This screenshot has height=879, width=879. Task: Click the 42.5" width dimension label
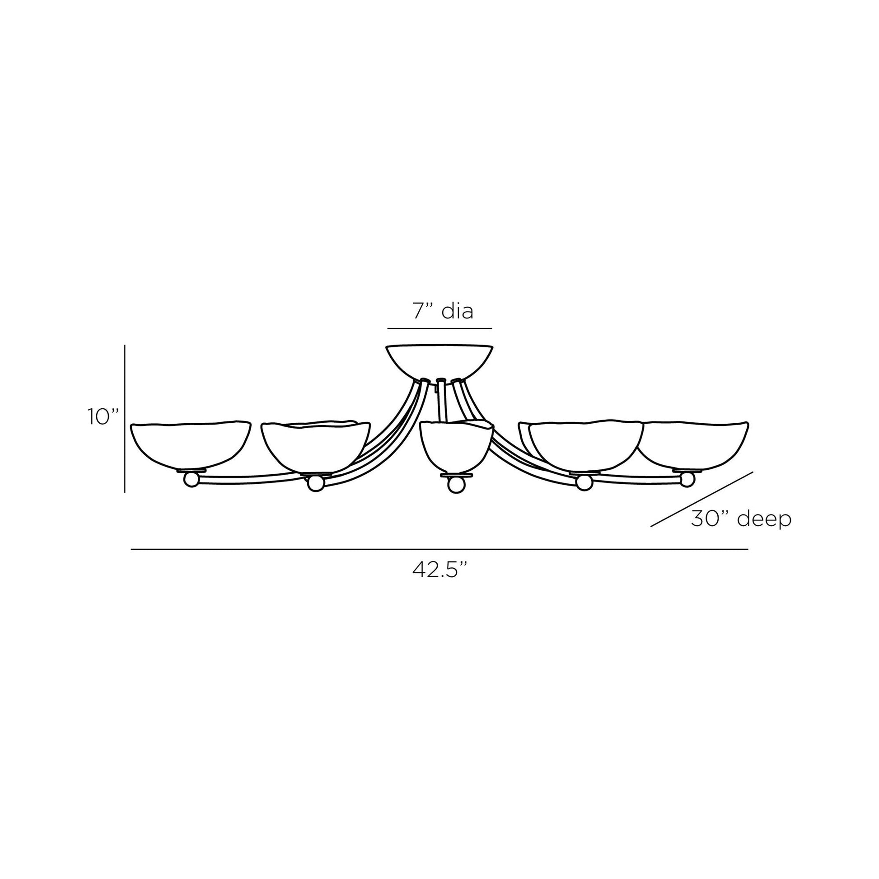click(x=440, y=570)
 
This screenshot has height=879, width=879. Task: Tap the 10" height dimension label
click(x=103, y=417)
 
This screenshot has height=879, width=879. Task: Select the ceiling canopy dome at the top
click(x=439, y=362)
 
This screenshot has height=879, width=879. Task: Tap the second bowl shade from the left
click(x=316, y=446)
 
